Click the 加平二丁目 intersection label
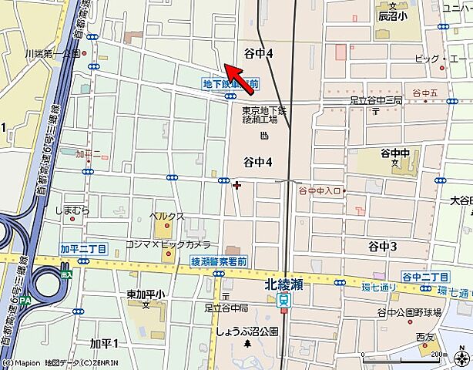(82, 248)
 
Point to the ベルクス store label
(167, 216)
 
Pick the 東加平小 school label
(146, 294)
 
